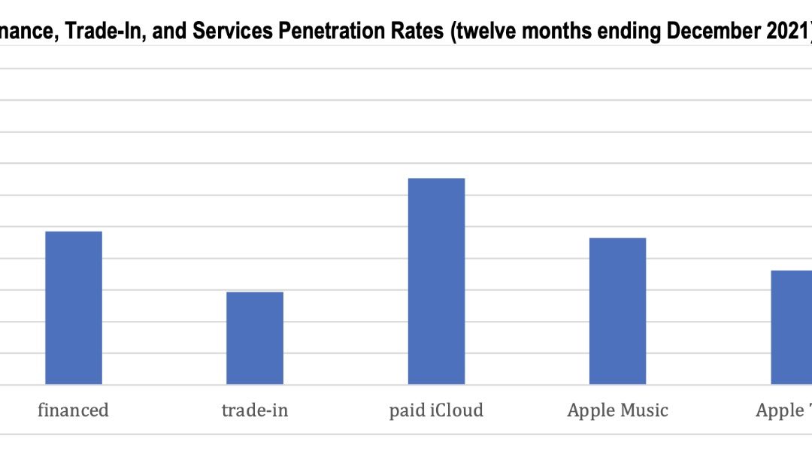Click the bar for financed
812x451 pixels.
(74, 308)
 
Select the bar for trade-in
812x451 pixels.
(255, 338)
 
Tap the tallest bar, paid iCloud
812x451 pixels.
(436, 281)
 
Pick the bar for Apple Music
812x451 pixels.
(617, 311)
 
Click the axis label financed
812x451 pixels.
(74, 410)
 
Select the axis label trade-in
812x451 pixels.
(255, 410)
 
